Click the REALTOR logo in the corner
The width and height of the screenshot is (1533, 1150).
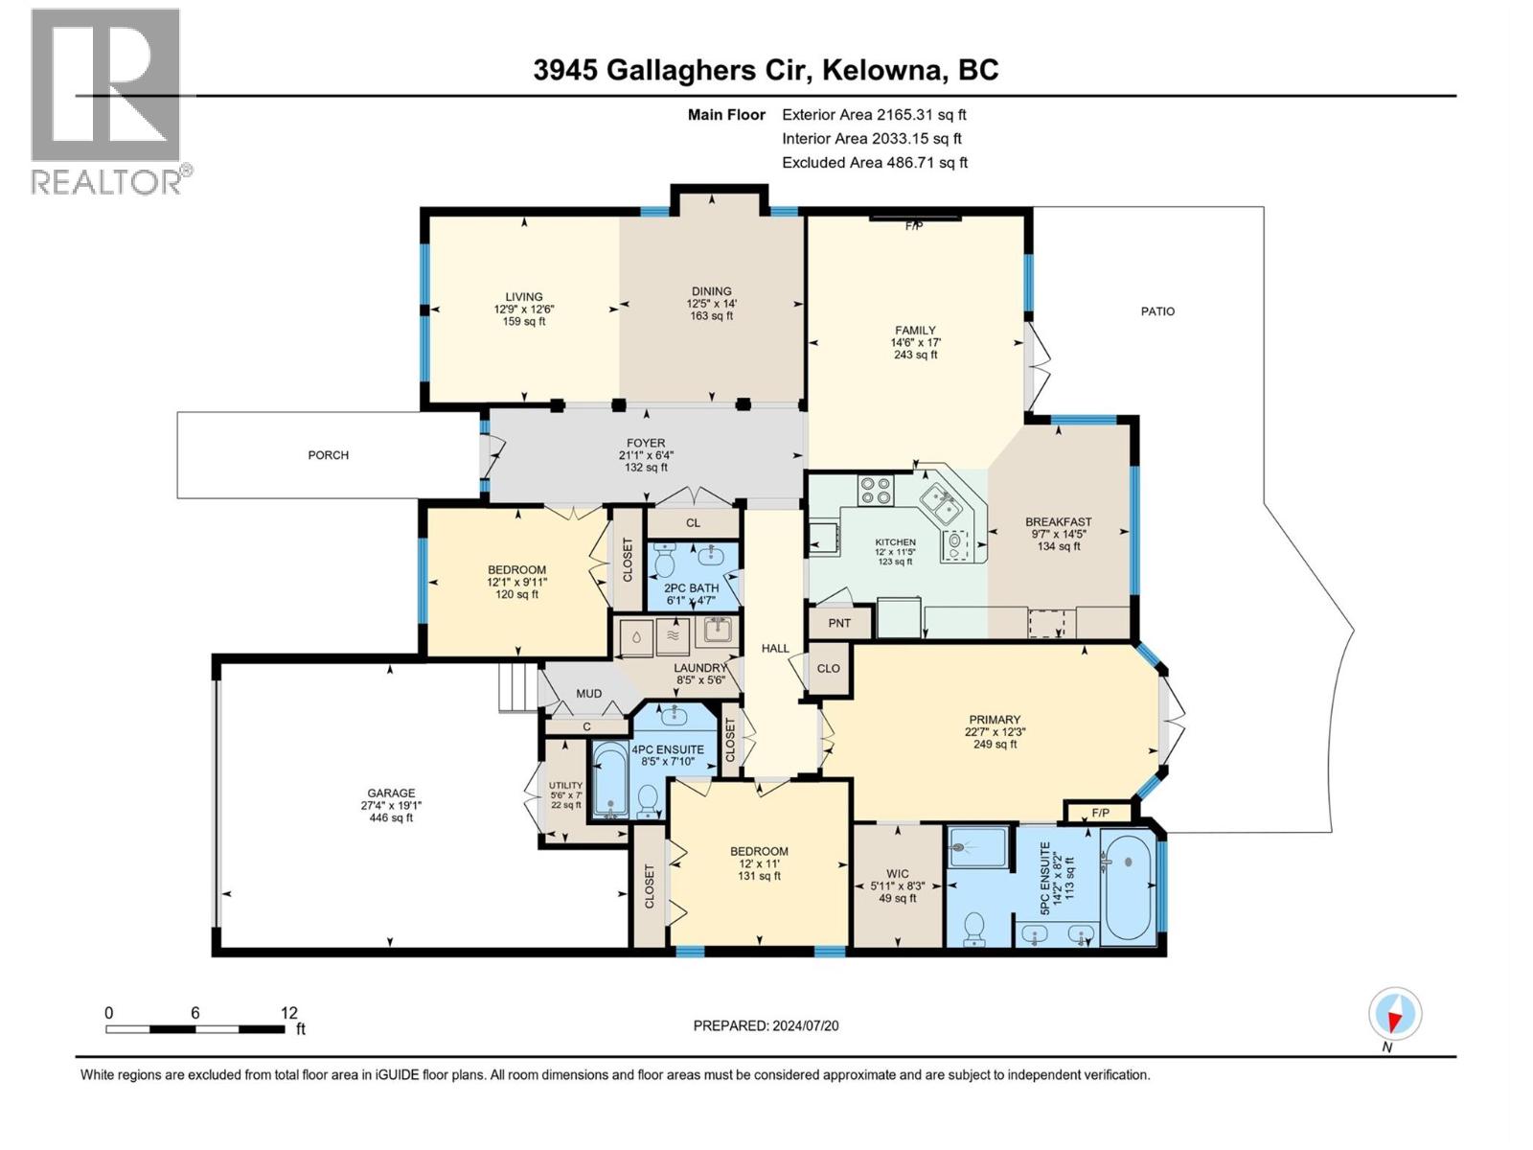(105, 100)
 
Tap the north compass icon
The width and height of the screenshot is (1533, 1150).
(1395, 1014)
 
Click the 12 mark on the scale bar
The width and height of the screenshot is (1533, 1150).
(289, 1012)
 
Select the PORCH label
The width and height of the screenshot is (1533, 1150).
(328, 455)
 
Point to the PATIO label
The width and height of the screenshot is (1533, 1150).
(1157, 311)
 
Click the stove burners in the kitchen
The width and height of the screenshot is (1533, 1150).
(875, 490)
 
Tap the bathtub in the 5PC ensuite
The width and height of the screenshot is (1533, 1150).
(1127, 887)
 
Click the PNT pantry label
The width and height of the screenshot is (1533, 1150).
(839, 623)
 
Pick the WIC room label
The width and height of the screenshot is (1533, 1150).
(898, 874)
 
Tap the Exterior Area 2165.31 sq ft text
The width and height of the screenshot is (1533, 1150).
(874, 114)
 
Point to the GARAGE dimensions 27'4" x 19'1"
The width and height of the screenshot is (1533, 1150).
(391, 806)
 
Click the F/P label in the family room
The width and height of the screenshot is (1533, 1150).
(913, 226)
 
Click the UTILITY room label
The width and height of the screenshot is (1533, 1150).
(565, 785)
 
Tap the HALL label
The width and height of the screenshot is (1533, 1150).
(775, 648)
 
